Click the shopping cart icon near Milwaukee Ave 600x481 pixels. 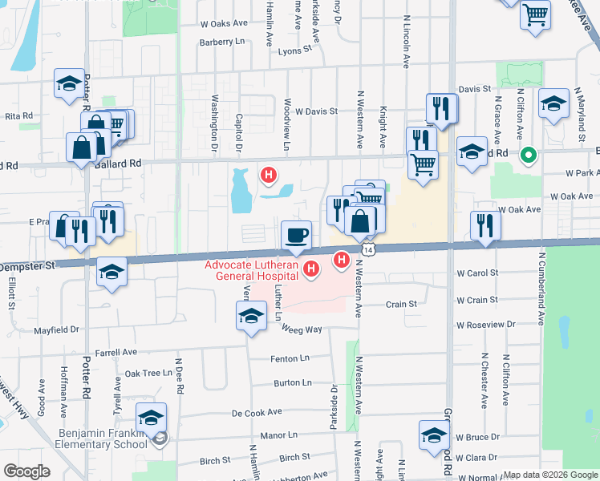coord(535,14)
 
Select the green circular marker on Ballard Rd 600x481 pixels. coord(528,155)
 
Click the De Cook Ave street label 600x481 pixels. coord(257,412)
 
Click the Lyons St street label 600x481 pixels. coord(294,50)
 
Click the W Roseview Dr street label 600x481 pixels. coord(487,325)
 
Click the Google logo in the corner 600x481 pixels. coord(27,471)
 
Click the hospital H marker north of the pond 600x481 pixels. coord(270,172)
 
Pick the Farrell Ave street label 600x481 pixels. coord(116,352)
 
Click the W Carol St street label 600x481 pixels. coord(477,273)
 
